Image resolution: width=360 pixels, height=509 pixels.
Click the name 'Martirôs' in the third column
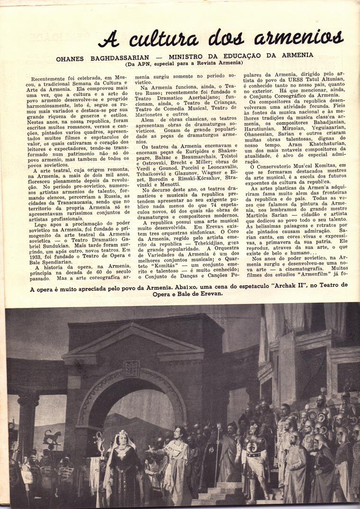coord(260,214)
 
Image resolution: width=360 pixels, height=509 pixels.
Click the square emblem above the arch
coord(131,368)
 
